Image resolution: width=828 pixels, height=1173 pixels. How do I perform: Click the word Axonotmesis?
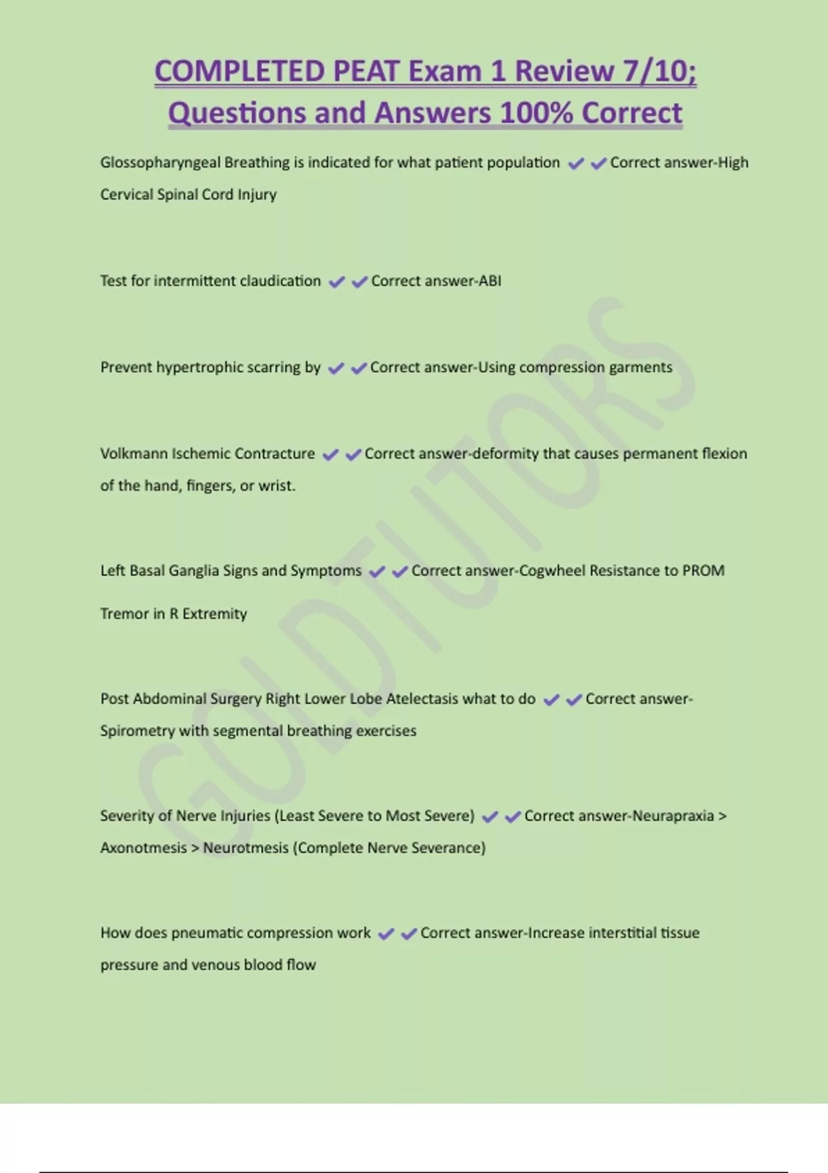pyautogui.click(x=143, y=848)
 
